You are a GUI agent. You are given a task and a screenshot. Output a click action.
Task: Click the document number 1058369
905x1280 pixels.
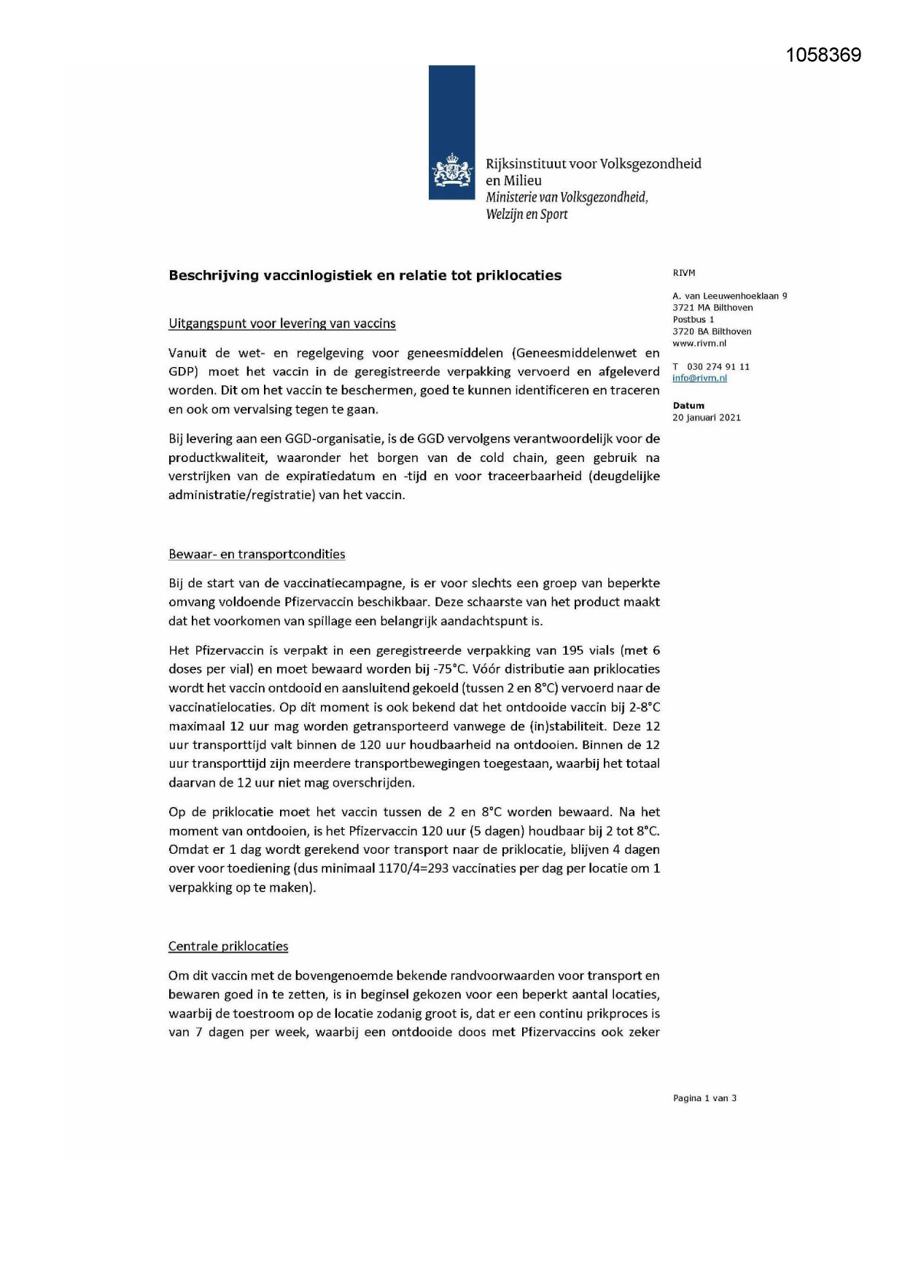pos(823,55)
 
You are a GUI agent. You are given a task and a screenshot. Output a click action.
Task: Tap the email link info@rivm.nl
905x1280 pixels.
pos(699,378)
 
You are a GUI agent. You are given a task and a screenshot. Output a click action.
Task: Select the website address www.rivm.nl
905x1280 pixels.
pos(699,343)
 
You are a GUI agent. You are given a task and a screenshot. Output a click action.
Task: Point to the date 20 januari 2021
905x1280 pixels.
pos(706,417)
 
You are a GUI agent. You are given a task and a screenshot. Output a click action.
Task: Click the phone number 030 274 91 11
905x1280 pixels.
pos(718,366)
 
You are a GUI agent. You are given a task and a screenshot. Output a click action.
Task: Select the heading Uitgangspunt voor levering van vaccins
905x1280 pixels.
pos(281,323)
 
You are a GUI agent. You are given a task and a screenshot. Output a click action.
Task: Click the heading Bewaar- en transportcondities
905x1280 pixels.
pos(257,554)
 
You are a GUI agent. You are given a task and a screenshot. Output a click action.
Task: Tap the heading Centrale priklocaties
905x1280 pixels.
pos(228,946)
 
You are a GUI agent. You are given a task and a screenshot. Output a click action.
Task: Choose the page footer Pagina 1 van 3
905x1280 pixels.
pos(704,1098)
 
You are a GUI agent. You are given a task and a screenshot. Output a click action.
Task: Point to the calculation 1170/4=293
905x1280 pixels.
pos(422,868)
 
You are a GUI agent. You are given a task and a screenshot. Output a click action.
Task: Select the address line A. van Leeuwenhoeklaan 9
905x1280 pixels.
pos(729,296)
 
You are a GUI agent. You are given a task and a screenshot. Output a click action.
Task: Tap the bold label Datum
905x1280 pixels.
pos(688,405)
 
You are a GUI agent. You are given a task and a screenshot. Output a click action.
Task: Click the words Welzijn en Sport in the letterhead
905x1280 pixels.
pos(527,215)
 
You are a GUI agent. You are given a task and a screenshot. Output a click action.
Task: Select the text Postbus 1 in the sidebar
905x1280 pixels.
pos(693,319)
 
